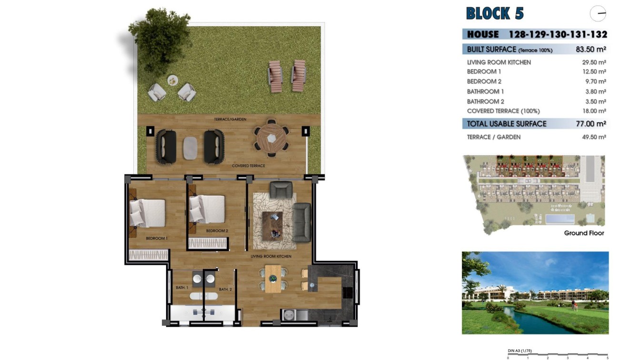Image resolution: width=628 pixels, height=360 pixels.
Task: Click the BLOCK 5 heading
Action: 495,13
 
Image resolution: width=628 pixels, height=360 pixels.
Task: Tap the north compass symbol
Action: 598,13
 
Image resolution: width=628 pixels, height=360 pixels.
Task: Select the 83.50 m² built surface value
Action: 590,49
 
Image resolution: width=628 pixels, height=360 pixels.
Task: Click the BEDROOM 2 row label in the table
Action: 484,81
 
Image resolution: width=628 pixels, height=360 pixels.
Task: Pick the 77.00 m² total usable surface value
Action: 590,124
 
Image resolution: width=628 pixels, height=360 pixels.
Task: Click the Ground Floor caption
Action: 584,233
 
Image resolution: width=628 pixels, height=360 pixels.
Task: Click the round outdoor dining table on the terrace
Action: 271,138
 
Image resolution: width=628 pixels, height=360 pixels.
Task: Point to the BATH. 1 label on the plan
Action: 182,288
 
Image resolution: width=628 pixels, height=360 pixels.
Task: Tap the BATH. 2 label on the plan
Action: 225,289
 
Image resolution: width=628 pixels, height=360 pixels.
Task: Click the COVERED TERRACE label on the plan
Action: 248,166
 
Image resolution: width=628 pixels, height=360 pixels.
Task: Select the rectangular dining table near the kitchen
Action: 273,279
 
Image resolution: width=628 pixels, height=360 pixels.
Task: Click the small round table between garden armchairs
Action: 172,80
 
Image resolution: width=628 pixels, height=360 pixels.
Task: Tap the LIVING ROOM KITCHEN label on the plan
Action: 271,256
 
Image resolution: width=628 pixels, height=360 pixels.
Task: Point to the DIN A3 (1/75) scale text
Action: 520,351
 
